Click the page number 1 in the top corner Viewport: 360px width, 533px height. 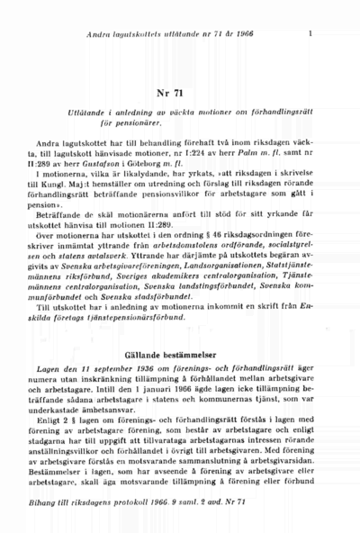pyautogui.click(x=310, y=34)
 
